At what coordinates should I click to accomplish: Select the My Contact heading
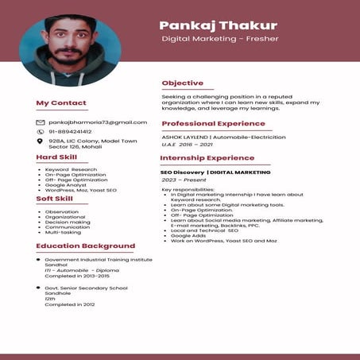(x=61, y=103)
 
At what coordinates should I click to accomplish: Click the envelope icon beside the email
(x=41, y=122)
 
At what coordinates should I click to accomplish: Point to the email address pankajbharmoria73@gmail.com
(x=98, y=122)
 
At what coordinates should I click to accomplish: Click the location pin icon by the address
(x=41, y=141)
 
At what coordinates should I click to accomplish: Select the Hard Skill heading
(x=56, y=157)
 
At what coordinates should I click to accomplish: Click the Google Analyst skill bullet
(x=66, y=185)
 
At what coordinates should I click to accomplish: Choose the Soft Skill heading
(x=55, y=199)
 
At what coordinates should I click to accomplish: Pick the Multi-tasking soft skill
(x=63, y=233)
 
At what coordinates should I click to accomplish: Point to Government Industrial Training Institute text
(x=98, y=260)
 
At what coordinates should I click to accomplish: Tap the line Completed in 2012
(x=69, y=304)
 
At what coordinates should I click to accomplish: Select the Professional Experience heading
(x=212, y=124)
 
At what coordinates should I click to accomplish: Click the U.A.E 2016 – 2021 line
(x=188, y=145)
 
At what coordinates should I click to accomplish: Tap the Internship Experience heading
(x=207, y=158)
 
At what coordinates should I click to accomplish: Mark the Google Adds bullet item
(x=188, y=235)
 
